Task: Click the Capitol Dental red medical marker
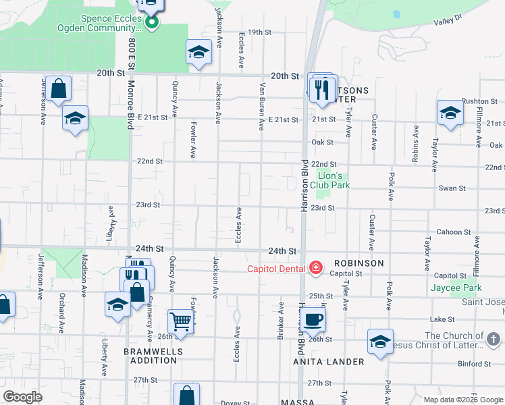click(315, 269)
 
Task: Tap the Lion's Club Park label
click(334, 180)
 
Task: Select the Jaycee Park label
click(456, 288)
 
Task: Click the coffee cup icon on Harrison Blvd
click(313, 319)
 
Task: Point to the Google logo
click(22, 397)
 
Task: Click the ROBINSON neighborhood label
click(358, 263)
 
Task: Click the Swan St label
click(449, 188)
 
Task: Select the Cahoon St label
click(448, 232)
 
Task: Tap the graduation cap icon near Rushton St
click(450, 113)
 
